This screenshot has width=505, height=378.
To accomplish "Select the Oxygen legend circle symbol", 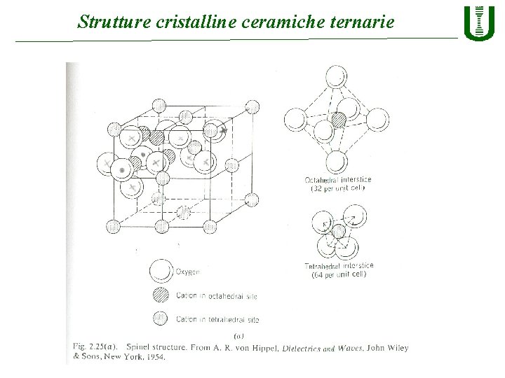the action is coord(161,270).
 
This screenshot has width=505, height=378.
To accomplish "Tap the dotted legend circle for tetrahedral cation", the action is coord(161,319).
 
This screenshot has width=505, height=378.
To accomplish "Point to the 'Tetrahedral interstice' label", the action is coord(339,266).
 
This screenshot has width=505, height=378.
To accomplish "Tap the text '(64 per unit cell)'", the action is coord(339,274).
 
